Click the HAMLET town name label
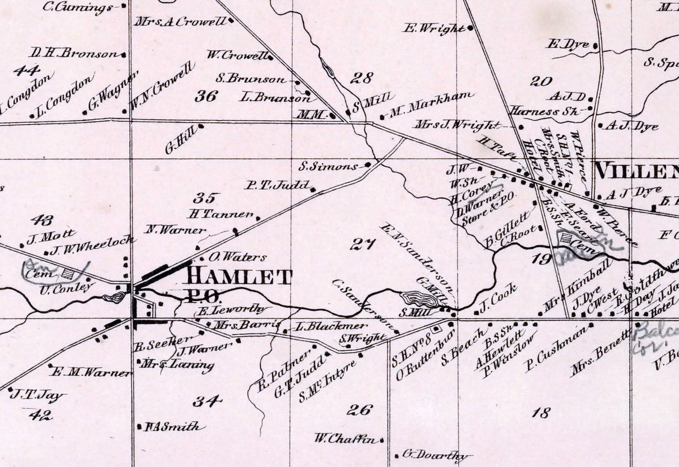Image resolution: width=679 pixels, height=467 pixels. coord(239,276)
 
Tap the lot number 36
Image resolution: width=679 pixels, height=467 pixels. coord(206,96)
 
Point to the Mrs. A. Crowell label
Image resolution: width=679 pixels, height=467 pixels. coord(180,22)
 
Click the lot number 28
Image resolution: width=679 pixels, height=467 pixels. coord(361,78)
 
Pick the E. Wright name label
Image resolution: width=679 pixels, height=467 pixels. coord(433,28)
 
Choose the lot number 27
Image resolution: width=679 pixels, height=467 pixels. coord(362,243)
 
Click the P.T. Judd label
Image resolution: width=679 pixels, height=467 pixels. coord(277,185)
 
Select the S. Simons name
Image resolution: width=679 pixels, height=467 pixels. coord(328,166)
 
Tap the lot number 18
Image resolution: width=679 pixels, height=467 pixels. coord(541,413)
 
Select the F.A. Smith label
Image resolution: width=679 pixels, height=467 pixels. coord(172,426)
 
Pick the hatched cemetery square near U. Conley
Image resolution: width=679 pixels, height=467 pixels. coord(69,273)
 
